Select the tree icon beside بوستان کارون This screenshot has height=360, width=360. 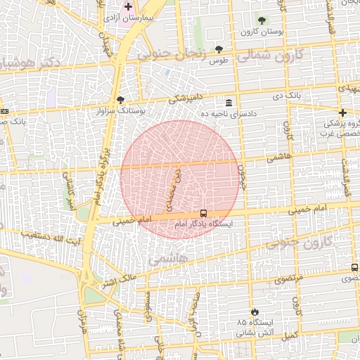pyautogui.click(x=262, y=20)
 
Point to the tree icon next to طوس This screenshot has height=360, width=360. pyautogui.click(x=219, y=49)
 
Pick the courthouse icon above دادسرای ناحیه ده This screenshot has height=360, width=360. pyautogui.click(x=229, y=103)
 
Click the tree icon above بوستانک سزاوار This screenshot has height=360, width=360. pyautogui.click(x=120, y=101)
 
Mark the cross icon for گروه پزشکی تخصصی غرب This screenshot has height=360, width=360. pyautogui.click(x=342, y=112)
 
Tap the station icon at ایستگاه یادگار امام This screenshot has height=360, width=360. pyautogui.click(x=203, y=213)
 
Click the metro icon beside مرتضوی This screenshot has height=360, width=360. pyautogui.click(x=354, y=268)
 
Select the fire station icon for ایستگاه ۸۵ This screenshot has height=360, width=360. pyautogui.click(x=255, y=311)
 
